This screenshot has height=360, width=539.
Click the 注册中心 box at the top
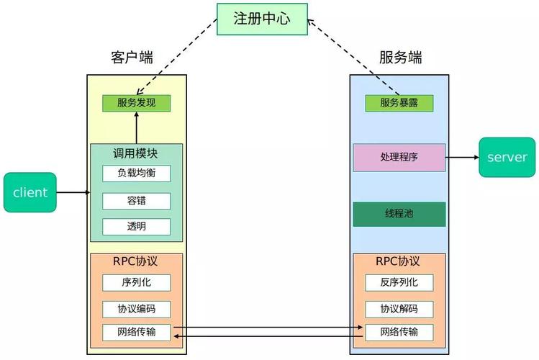(262, 19)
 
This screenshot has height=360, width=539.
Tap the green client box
(30, 192)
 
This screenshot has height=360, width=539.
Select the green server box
(507, 157)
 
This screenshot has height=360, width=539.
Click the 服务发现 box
(136, 103)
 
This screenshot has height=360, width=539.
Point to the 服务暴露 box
(399, 103)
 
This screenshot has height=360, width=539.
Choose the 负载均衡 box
(136, 174)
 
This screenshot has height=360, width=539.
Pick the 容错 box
(136, 201)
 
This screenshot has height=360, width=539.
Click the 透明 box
(136, 227)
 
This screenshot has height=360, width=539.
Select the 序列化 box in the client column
(136, 282)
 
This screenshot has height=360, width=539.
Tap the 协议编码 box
(136, 309)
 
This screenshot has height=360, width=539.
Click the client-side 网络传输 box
(136, 332)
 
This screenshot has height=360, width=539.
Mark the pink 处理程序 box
(399, 157)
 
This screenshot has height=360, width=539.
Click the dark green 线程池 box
(399, 214)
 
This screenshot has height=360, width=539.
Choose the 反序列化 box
(399, 282)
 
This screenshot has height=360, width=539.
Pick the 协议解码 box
(399, 309)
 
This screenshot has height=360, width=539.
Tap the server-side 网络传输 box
(399, 332)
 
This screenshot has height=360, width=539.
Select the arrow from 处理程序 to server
(462, 157)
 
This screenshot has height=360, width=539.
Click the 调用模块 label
(136, 153)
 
